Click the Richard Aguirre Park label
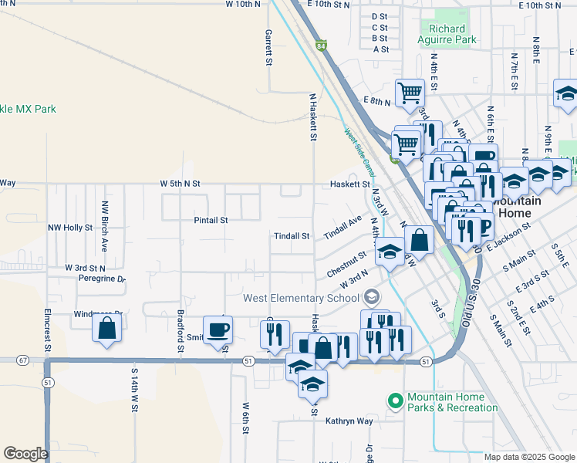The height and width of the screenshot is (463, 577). coord(447,34)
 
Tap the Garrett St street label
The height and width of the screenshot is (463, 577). coord(269,47)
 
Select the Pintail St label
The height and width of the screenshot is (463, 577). coord(211,220)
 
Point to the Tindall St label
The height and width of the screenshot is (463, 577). coord(292,236)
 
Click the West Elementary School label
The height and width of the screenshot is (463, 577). coord(302,298)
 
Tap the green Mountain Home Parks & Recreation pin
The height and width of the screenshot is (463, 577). coord(396,400)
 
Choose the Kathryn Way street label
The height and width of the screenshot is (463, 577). coord(349,421)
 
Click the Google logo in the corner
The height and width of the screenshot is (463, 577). coord(25,454)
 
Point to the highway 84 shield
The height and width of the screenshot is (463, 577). coord(321,46)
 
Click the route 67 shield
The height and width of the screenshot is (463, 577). coord(22,360)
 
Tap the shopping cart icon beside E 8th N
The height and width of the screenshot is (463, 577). coord(410,93)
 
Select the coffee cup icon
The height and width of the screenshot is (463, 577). coord(218,330)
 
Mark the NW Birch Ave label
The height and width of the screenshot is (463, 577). coord(104,227)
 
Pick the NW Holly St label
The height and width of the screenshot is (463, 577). coord(70,228)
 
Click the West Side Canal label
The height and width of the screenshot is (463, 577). coord(359,151)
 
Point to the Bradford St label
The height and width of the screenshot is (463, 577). coord(180,333)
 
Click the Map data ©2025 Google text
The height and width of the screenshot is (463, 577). coord(528,457)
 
